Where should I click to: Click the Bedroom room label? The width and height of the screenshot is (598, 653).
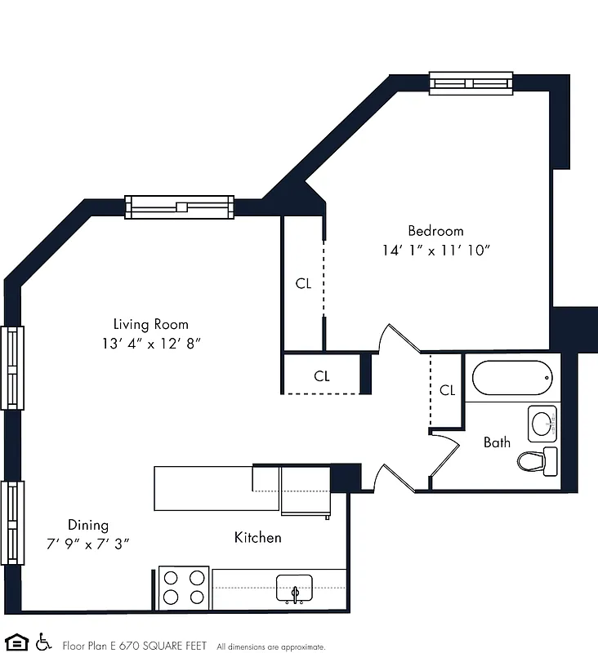(435, 231)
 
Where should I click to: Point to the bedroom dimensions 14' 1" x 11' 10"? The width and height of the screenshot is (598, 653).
(435, 251)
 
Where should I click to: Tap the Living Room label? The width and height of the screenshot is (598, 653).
(150, 324)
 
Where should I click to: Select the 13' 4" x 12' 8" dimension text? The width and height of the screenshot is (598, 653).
(147, 344)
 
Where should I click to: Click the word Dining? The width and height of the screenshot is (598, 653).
(87, 525)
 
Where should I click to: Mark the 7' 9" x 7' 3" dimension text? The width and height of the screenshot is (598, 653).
(88, 543)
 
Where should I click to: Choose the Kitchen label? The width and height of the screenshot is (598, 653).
(257, 537)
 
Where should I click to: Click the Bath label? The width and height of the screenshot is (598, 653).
(497, 442)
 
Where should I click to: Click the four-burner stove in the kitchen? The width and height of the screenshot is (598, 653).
(183, 587)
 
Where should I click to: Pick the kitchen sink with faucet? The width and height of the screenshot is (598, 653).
(294, 589)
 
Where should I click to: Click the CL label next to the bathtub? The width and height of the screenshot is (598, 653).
(447, 390)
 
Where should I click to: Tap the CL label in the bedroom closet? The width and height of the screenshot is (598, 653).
(303, 284)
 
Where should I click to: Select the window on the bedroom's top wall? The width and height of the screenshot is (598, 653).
(471, 82)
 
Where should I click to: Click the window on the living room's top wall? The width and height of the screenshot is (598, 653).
(179, 207)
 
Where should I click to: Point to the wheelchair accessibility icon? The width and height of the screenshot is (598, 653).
(44, 641)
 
